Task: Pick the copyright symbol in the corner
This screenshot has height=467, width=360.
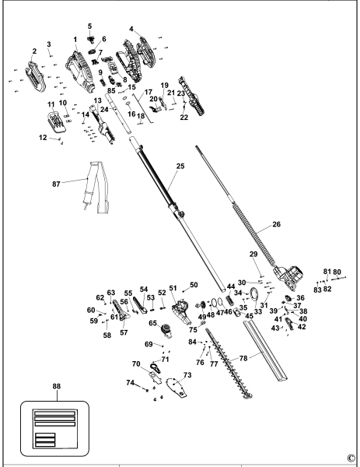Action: [350, 457]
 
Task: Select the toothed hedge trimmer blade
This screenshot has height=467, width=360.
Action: [225, 363]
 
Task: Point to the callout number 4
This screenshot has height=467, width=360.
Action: [131, 30]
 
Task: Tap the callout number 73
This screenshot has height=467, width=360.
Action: [187, 375]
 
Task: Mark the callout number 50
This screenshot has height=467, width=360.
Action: [194, 285]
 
